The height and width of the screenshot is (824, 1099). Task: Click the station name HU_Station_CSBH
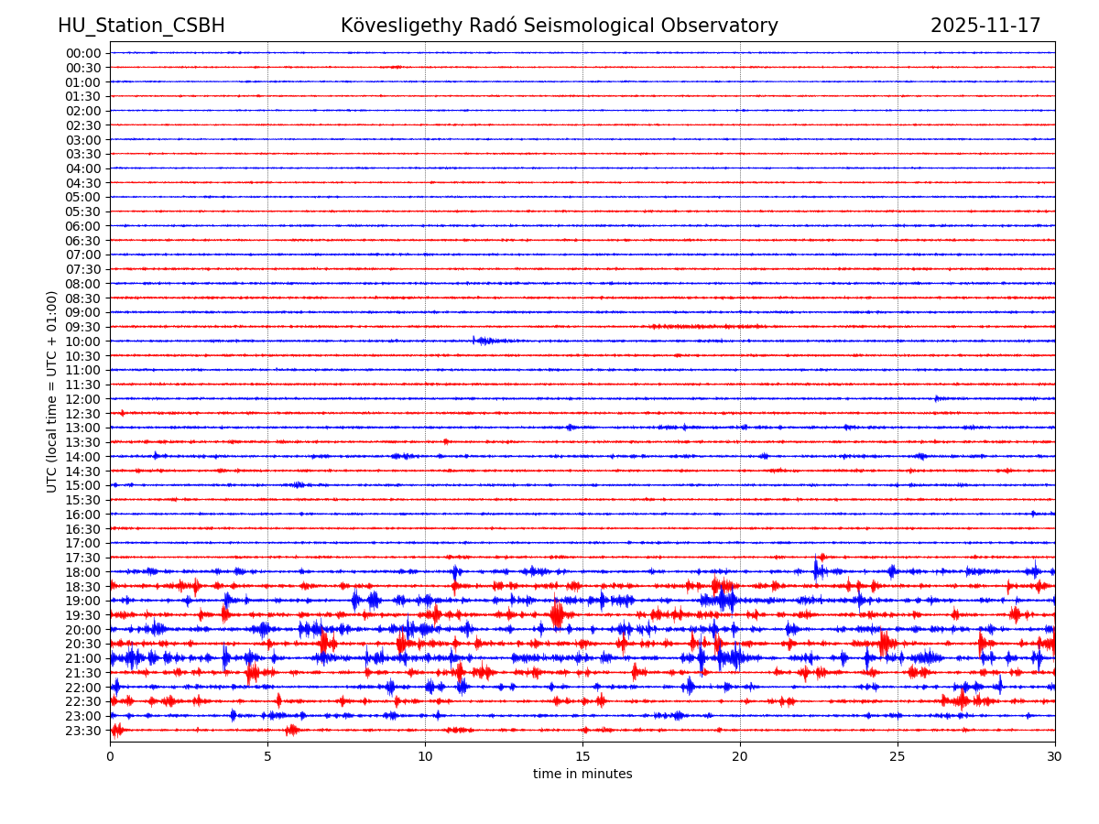tap(141, 27)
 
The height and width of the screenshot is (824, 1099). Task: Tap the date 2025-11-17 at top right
tap(985, 27)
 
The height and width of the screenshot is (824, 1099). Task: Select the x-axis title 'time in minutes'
tap(582, 775)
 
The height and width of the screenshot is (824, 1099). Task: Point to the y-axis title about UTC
tap(52, 391)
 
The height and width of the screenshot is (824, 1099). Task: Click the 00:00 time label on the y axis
tap(82, 53)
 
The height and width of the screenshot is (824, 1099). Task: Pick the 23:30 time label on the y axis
tap(82, 731)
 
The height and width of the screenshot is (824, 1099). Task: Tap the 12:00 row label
tap(82, 399)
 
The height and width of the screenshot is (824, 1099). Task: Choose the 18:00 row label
tap(82, 572)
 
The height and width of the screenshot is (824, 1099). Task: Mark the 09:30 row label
tap(82, 327)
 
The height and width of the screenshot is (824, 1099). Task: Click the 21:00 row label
tap(82, 658)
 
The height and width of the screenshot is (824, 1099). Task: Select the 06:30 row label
tap(82, 241)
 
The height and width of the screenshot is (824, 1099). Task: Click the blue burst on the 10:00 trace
tap(483, 341)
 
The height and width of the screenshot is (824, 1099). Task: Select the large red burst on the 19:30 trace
tap(557, 614)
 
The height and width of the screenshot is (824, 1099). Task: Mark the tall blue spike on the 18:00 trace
tap(816, 569)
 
